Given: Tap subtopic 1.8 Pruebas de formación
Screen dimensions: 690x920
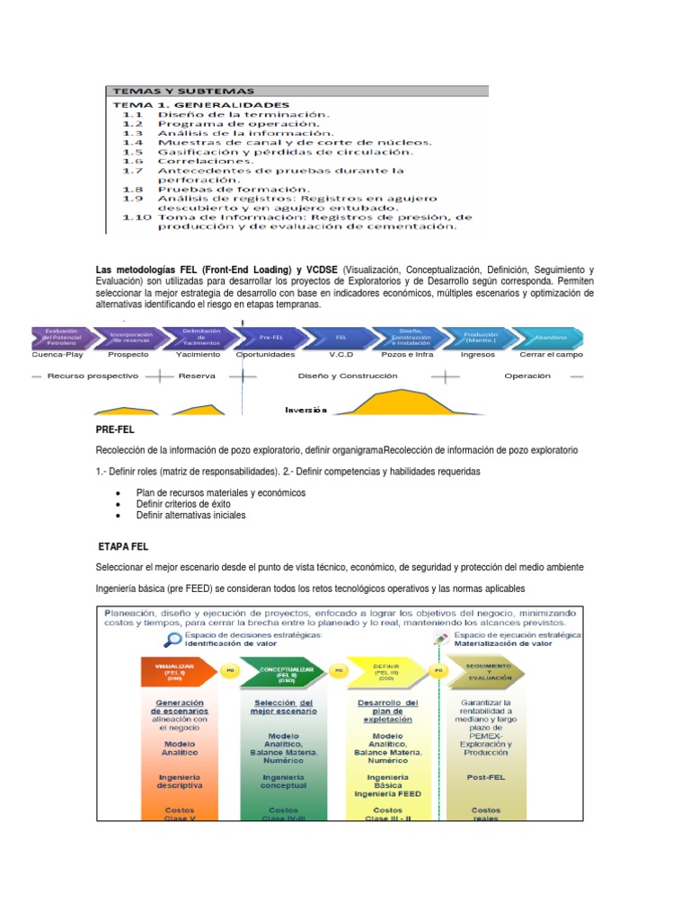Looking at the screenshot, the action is (x=234, y=190).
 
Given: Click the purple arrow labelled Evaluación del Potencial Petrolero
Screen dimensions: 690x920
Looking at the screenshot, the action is (x=63, y=336).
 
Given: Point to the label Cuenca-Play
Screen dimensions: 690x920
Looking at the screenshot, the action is (x=57, y=354).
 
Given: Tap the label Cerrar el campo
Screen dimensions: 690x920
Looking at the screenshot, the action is (x=552, y=354).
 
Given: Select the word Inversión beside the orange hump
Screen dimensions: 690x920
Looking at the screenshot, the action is (x=305, y=410).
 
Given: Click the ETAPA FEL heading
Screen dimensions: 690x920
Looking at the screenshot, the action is (x=123, y=545).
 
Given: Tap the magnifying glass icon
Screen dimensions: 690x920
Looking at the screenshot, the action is (x=172, y=640).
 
